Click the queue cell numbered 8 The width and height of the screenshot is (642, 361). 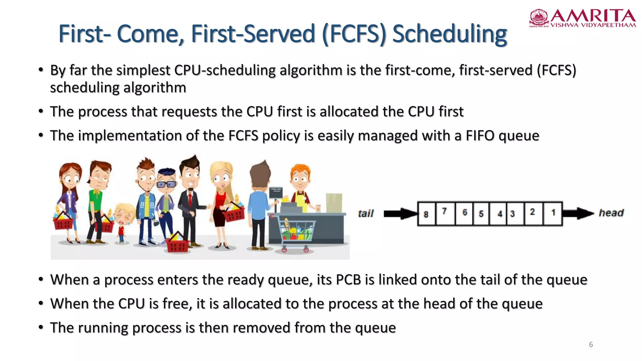pos(426,214)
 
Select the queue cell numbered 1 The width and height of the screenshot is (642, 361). pos(553,213)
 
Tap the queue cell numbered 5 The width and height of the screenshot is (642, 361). pos(481,214)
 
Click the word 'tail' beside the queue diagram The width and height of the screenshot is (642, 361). pos(366,214)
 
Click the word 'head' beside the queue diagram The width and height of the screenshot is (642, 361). pos(611,213)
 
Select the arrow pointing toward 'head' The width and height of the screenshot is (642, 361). pos(578,213)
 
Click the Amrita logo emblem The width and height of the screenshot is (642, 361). pos(539,18)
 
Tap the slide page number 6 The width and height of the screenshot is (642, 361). pos(591,345)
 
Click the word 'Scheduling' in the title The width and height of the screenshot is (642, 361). pos(450,34)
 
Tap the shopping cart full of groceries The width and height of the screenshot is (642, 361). pos(295,233)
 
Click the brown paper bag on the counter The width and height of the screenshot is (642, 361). pos(334,203)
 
